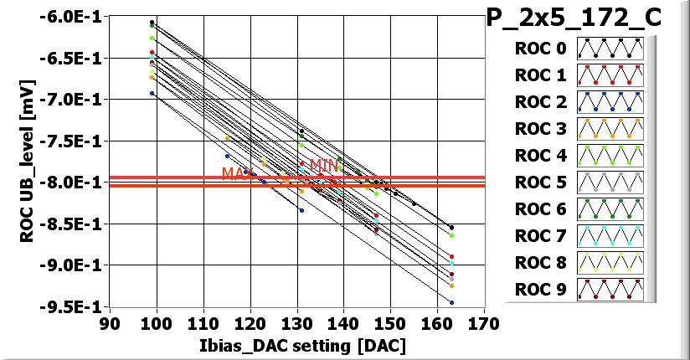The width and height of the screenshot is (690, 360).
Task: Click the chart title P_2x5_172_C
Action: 586,18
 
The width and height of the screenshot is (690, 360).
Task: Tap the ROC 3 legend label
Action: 541,129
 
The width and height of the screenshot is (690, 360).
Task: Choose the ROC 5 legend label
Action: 541,183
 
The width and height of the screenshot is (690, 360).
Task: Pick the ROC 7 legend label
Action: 541,236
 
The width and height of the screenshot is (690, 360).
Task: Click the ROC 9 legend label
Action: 541,290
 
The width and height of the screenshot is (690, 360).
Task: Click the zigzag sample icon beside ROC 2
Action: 610,102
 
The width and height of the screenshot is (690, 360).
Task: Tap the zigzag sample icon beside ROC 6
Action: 610,209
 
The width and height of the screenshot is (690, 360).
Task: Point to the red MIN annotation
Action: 324,166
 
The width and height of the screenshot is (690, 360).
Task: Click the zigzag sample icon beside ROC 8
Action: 610,263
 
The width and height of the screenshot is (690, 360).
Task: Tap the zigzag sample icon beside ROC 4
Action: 610,156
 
